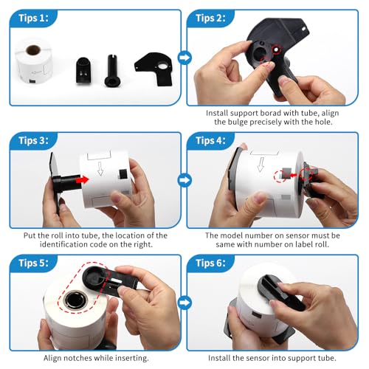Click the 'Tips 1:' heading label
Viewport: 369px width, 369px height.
coord(33,18)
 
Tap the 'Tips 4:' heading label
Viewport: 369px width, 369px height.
coord(210,140)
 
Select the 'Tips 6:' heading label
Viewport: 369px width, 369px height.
coord(210,263)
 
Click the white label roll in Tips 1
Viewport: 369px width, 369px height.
coord(34,61)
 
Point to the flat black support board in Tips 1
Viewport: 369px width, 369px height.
coord(154,69)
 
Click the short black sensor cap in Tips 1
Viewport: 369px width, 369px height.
coord(83,70)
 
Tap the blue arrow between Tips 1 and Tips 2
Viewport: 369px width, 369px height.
coord(184,58)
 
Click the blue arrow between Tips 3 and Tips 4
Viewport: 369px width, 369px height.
coord(184,180)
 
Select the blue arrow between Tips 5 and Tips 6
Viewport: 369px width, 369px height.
coord(184,303)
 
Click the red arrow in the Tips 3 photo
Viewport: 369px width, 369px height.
coord(82,180)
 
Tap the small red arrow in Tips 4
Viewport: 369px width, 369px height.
coord(294,175)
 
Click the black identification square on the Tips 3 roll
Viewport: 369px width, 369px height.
coord(123,174)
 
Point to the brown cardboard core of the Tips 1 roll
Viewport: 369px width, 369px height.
coord(33,50)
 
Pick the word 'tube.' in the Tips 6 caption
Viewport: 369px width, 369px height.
coord(328,358)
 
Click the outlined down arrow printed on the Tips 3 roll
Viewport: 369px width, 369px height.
coord(100,168)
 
